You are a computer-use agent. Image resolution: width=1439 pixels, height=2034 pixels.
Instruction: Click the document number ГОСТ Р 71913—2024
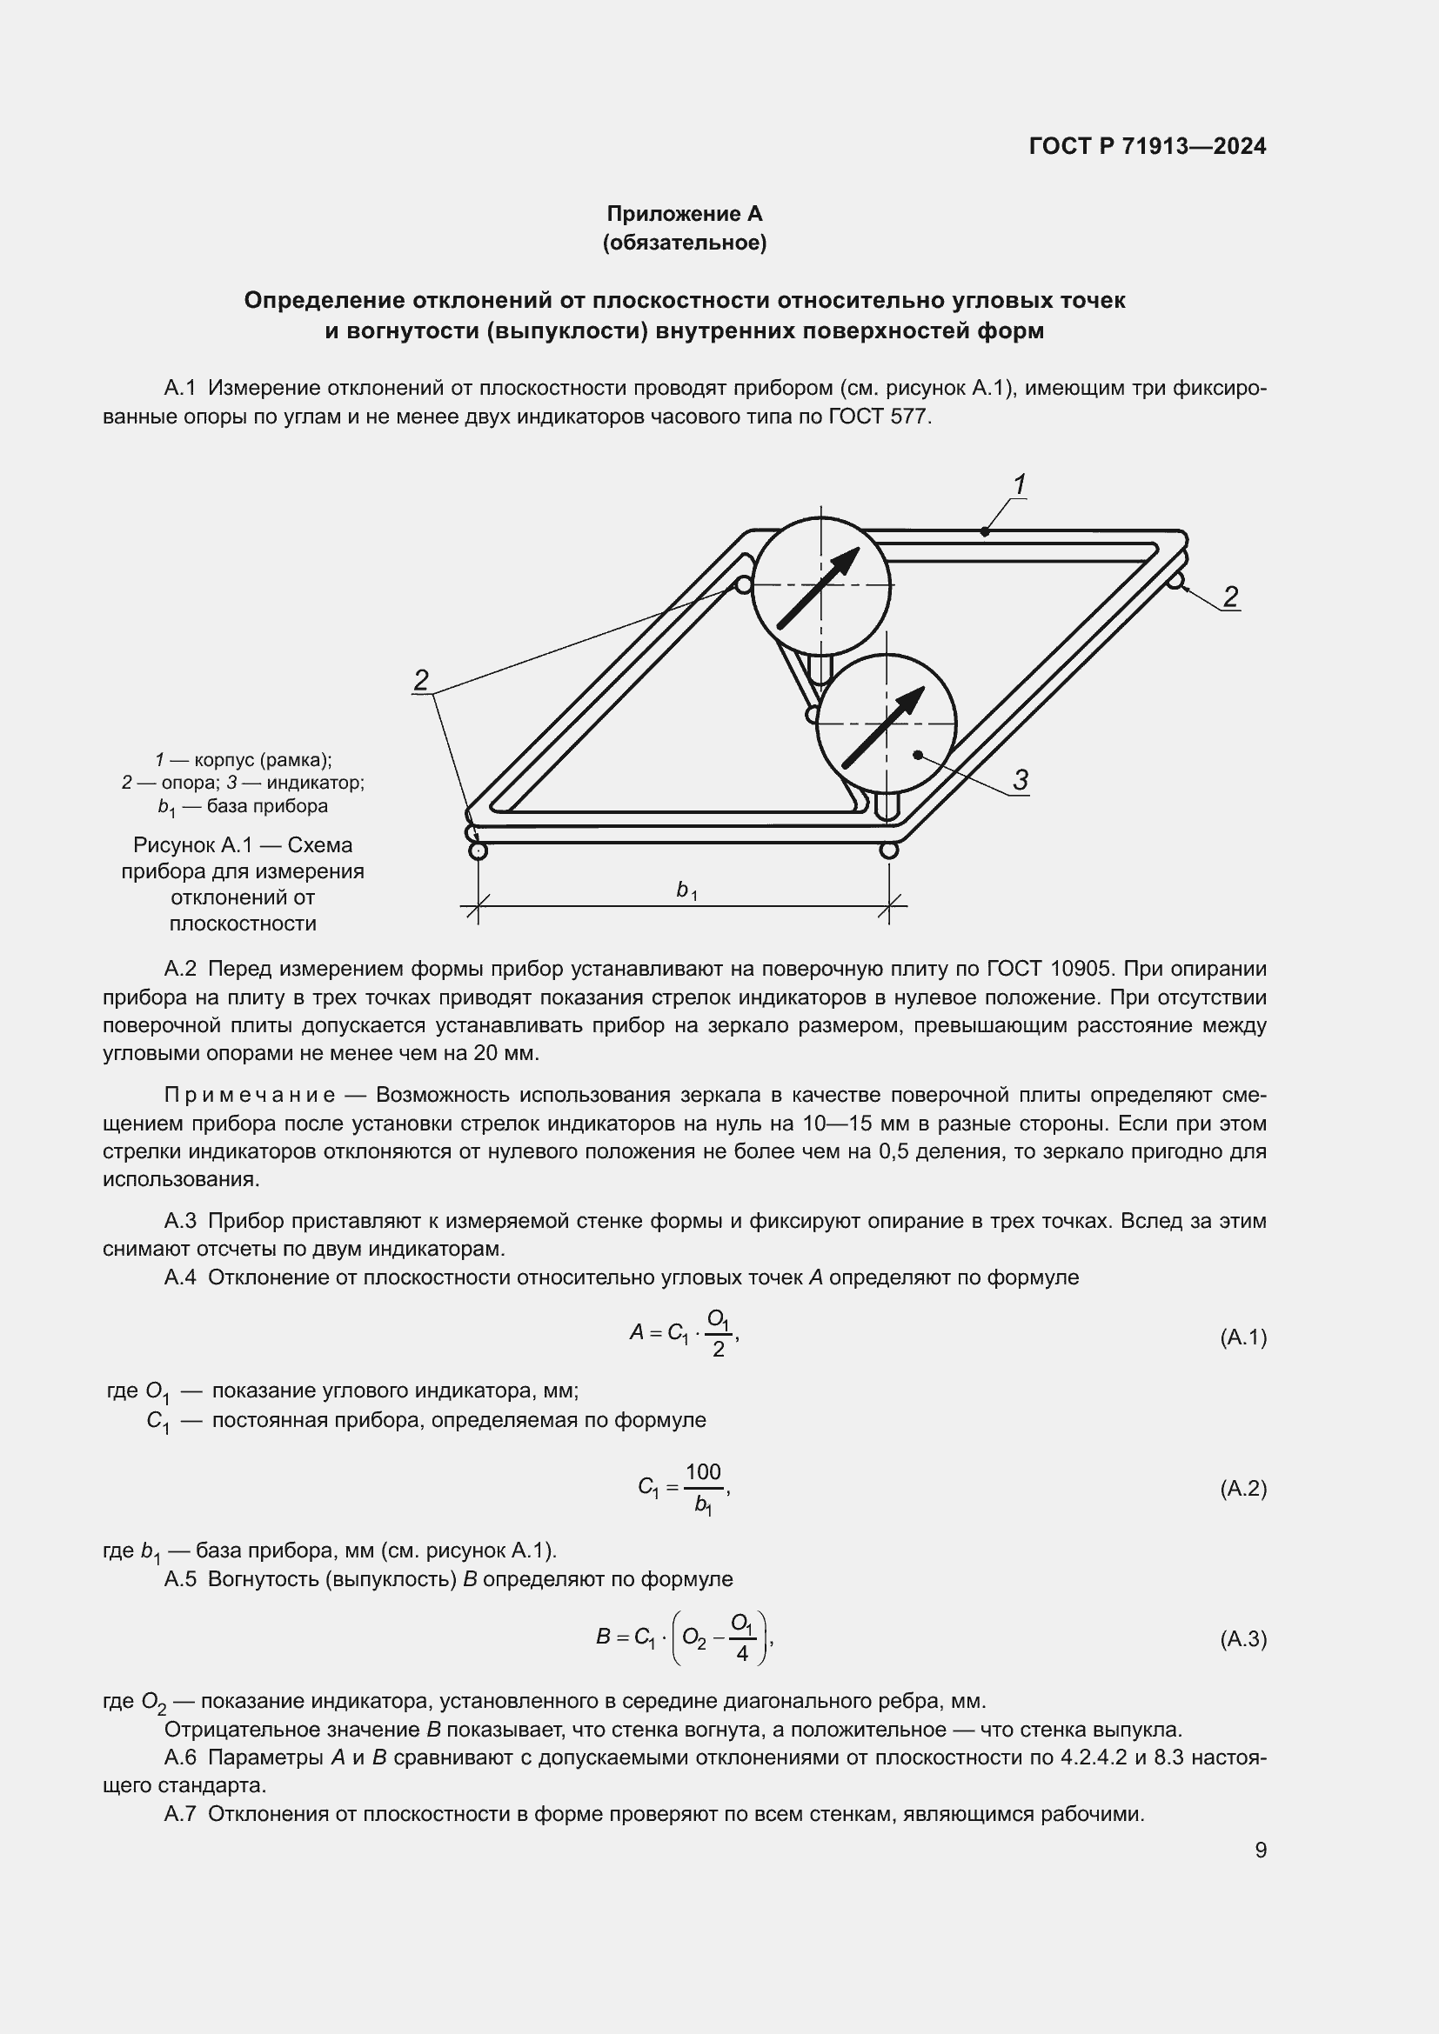point(1148,147)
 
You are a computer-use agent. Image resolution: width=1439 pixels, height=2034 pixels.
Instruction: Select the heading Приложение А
point(684,214)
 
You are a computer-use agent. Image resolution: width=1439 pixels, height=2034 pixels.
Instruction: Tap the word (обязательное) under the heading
point(684,243)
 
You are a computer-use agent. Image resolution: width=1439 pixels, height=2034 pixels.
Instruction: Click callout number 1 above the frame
point(1019,484)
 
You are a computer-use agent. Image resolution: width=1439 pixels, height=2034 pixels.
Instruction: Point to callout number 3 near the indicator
point(1020,780)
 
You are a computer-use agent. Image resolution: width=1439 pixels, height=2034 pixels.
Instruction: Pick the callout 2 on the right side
point(1230,597)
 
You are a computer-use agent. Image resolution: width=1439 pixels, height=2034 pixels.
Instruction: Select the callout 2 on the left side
point(422,680)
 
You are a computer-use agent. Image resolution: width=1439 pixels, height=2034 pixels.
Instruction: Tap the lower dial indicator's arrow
point(883,727)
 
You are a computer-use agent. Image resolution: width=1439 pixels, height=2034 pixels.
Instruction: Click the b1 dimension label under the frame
point(686,890)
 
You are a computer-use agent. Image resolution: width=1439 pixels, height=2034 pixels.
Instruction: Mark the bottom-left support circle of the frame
point(478,850)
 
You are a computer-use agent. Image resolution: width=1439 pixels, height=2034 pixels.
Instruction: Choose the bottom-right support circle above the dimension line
point(889,850)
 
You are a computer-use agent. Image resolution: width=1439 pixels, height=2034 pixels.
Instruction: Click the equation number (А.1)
point(1243,1337)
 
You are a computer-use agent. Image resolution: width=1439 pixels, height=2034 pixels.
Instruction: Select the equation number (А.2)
point(1243,1489)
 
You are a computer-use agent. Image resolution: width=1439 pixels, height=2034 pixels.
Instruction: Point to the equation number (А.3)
point(1243,1640)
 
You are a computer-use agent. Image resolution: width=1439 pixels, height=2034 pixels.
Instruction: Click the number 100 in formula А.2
point(704,1472)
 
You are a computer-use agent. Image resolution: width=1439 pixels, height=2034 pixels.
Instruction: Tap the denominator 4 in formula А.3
point(741,1654)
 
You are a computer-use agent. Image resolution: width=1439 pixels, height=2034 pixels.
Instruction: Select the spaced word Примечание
point(250,1096)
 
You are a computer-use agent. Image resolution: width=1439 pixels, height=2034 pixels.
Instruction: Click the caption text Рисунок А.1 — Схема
point(243,845)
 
